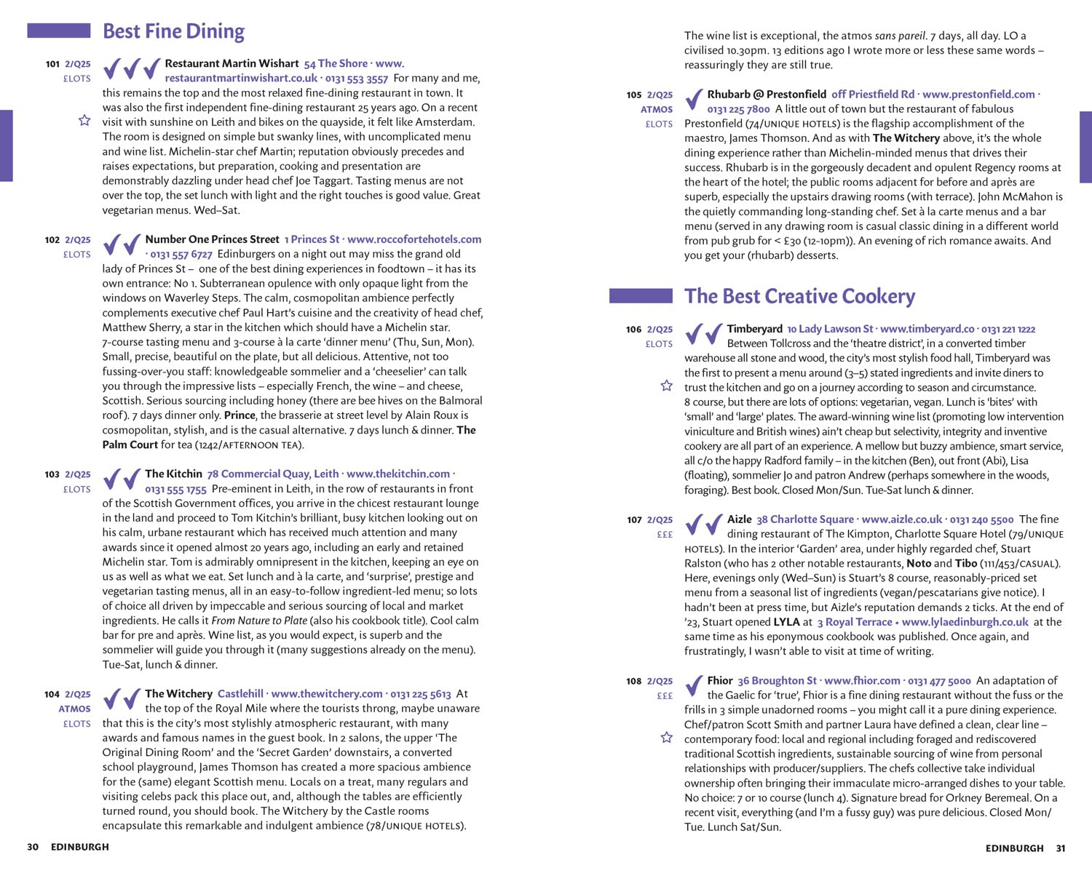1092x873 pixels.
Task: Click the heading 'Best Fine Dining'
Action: pos(173,31)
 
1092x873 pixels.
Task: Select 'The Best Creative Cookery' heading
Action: pos(799,296)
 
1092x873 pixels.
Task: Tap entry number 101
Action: pos(52,64)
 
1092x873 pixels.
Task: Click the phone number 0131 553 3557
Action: pos(357,79)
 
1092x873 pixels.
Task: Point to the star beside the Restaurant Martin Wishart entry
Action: pos(84,120)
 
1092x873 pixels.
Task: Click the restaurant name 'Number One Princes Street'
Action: pos(212,239)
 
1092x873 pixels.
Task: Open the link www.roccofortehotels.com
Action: pos(414,239)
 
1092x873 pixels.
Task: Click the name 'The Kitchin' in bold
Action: pos(173,474)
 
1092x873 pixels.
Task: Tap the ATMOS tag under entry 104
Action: pos(75,709)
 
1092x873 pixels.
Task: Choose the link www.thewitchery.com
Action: pos(327,694)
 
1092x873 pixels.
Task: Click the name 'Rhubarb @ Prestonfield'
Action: pos(767,95)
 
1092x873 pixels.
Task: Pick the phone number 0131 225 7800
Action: pos(738,109)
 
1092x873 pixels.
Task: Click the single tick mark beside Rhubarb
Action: pos(695,99)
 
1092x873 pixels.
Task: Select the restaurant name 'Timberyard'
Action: pos(754,329)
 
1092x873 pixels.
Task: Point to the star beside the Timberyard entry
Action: pos(666,386)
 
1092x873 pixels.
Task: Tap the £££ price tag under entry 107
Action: pos(665,535)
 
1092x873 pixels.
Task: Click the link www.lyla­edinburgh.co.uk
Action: pos(965,622)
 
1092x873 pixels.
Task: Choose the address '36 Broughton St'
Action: pos(777,681)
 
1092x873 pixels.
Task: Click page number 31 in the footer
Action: pos(1061,848)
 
